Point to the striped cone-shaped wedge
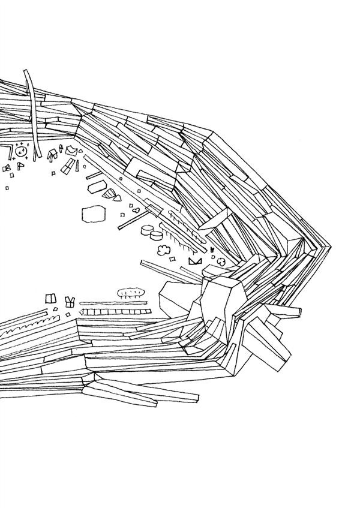(110, 194)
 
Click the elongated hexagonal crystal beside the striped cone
(95, 187)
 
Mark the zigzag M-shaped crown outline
(194, 261)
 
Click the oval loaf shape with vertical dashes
(131, 292)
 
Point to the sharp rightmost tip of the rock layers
(329, 245)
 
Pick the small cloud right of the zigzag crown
(221, 261)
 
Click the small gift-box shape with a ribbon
(70, 300)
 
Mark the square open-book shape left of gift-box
(50, 298)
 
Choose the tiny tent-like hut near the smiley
(53, 155)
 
